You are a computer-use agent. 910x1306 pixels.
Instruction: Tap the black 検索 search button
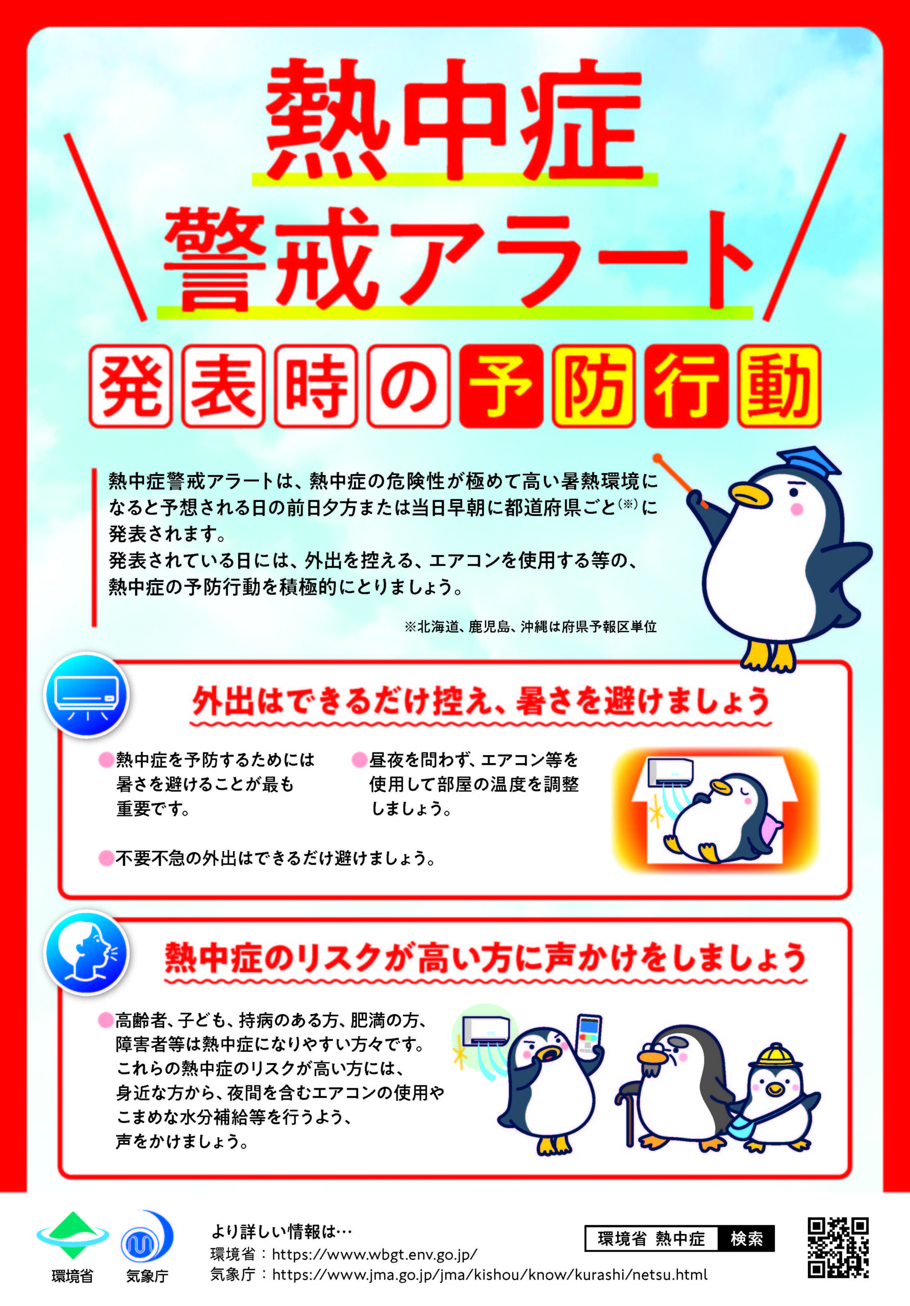[746, 1238]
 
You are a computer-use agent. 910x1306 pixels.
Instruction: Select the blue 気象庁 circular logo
[147, 1237]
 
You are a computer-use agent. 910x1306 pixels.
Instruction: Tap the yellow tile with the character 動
[778, 386]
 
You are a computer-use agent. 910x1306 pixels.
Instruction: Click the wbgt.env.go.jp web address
[374, 1254]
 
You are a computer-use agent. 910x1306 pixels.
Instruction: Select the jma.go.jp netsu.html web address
[490, 1275]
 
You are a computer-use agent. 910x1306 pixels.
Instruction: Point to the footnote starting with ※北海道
[530, 627]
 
